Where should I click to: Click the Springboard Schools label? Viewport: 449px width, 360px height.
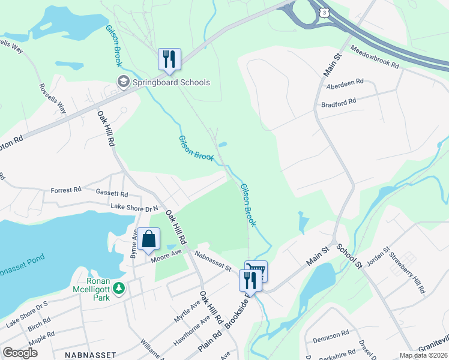170,82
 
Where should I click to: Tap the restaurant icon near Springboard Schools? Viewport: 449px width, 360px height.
169,59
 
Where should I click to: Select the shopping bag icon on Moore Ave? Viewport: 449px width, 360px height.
148,239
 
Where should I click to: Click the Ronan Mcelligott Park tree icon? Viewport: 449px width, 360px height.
119,289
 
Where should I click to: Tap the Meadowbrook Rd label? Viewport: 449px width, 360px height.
375,59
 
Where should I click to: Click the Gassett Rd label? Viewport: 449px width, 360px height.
112,193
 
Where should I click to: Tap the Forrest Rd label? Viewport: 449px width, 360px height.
66,190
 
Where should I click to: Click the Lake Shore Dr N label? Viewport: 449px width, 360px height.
133,208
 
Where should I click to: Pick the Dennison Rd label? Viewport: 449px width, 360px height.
328,334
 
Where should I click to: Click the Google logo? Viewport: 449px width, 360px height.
20,352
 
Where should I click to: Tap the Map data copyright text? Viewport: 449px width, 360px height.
423,355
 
